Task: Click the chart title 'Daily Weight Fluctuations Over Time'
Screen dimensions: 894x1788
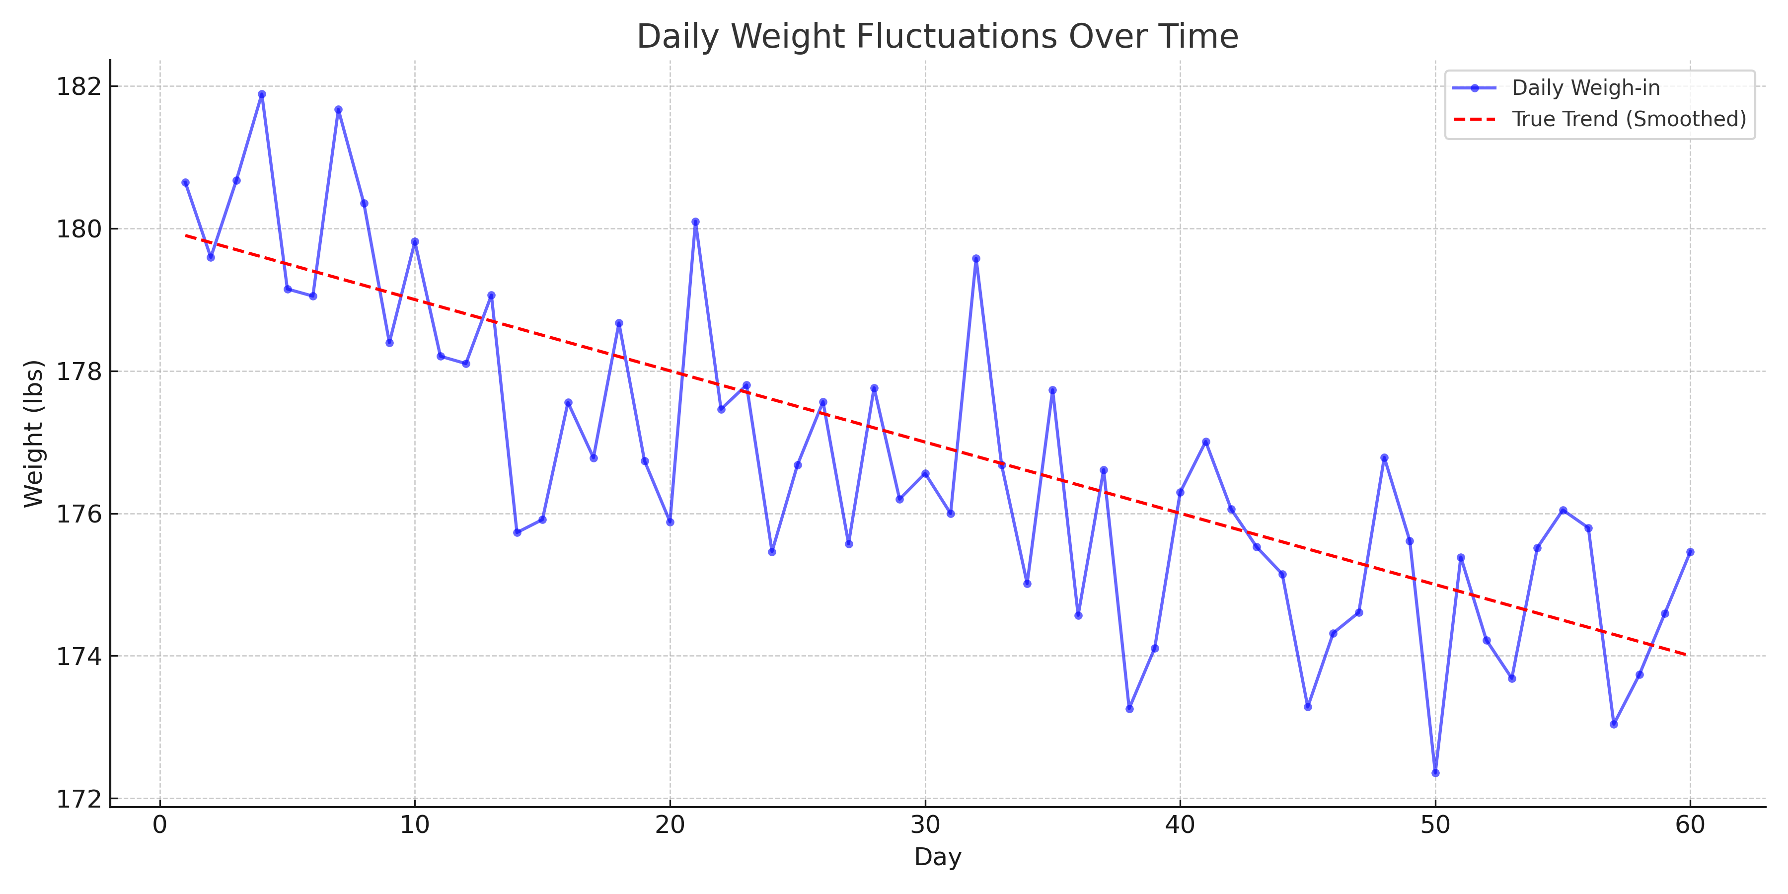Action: pyautogui.click(x=937, y=37)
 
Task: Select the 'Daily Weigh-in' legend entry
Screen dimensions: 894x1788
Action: pyautogui.click(x=1585, y=88)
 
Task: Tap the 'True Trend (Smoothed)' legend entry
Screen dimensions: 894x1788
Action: pyautogui.click(x=1629, y=119)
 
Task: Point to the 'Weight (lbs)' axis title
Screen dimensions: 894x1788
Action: pyautogui.click(x=33, y=434)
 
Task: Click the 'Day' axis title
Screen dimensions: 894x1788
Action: pyautogui.click(x=937, y=857)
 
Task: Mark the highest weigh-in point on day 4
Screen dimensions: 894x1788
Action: pyautogui.click(x=262, y=94)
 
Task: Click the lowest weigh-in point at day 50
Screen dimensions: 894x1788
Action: pyautogui.click(x=1435, y=772)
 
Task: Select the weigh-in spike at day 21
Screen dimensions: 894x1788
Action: pyautogui.click(x=695, y=222)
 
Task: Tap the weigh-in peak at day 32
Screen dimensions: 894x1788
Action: pyautogui.click(x=976, y=259)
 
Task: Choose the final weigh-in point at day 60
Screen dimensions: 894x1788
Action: pyautogui.click(x=1690, y=552)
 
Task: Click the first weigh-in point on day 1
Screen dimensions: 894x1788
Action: pyautogui.click(x=185, y=183)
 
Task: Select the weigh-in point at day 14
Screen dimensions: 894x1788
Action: pyautogui.click(x=517, y=532)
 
